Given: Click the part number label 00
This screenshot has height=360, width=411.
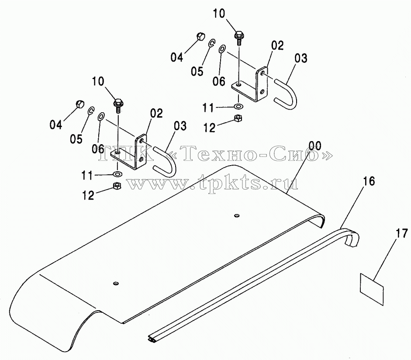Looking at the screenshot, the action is pyautogui.click(x=315, y=145).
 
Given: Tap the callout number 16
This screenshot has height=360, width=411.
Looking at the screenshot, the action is pyautogui.click(x=369, y=181).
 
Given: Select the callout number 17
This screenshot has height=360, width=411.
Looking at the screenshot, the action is pyautogui.click(x=401, y=234).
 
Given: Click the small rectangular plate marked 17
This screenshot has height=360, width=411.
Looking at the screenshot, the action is pyautogui.click(x=372, y=289).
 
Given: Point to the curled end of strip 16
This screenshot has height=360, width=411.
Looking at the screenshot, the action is pyautogui.click(x=353, y=238).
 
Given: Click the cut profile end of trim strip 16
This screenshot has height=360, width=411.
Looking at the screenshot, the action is pyautogui.click(x=153, y=339).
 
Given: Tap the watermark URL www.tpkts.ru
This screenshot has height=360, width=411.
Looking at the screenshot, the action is pyautogui.click(x=213, y=182).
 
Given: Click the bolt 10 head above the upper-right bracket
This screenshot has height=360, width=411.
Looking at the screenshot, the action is pyautogui.click(x=239, y=35).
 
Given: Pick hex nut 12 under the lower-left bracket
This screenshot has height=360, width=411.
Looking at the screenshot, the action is pyautogui.click(x=117, y=186).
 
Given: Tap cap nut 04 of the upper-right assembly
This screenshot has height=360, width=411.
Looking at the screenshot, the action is pyautogui.click(x=200, y=36).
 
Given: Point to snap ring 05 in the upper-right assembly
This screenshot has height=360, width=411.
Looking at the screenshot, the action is pyautogui.click(x=212, y=43).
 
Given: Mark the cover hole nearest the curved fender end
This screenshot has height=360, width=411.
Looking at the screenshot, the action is pyautogui.click(x=116, y=283).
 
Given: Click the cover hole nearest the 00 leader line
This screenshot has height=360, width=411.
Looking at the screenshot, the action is pyautogui.click(x=237, y=215).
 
